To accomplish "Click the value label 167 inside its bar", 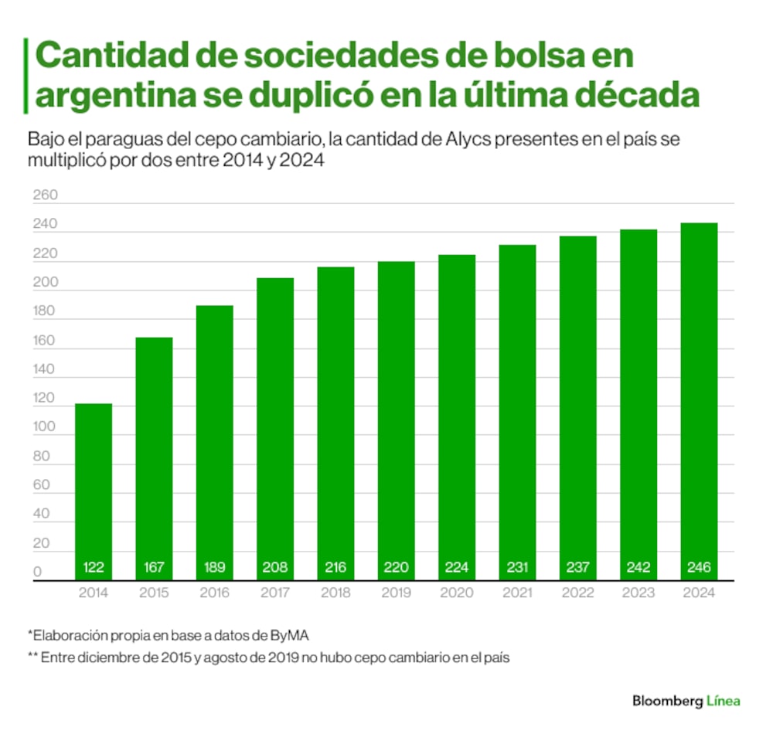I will coord(154,568).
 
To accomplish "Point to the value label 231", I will coord(517,568).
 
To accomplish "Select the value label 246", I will coord(699,568).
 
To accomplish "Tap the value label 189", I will coord(214,568).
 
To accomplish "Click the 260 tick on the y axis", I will coord(45,196).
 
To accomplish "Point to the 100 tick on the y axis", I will coord(45,427).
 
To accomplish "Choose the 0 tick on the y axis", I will coord(37,572).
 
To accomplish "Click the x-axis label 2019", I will coord(396,593).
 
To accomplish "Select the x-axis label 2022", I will coord(577,593).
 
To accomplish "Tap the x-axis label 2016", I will coord(214,593).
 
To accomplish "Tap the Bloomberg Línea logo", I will coord(686,701).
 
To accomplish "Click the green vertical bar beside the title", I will coord(27,76).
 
